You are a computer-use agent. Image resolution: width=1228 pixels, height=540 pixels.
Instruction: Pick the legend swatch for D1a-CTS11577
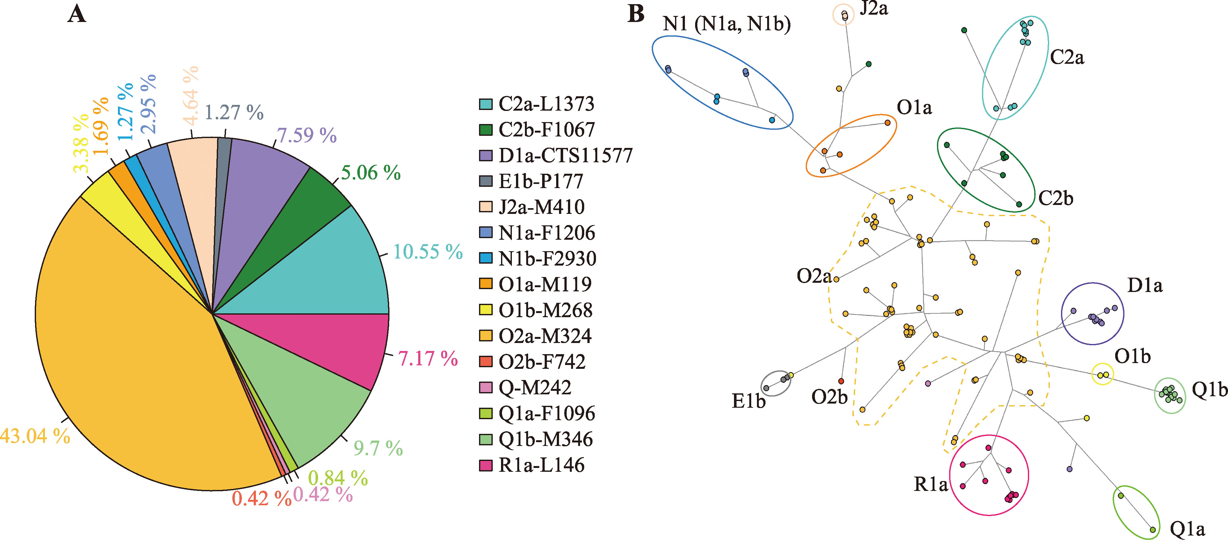485,155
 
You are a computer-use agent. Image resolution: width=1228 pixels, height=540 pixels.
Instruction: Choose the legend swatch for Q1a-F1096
485,413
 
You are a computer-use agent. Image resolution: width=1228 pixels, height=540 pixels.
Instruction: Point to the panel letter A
77,14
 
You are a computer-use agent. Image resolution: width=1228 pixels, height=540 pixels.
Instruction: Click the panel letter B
636,14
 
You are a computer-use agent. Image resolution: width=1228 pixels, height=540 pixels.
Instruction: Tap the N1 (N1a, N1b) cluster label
726,23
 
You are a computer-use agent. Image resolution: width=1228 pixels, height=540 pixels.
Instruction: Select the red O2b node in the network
841,381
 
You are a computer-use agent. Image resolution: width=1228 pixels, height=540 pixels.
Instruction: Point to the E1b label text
748,401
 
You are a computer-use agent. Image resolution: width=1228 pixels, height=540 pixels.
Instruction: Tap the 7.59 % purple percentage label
307,135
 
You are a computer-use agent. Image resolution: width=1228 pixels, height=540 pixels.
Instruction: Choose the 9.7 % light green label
378,448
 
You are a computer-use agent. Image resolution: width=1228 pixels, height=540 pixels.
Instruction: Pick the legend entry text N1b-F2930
547,259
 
